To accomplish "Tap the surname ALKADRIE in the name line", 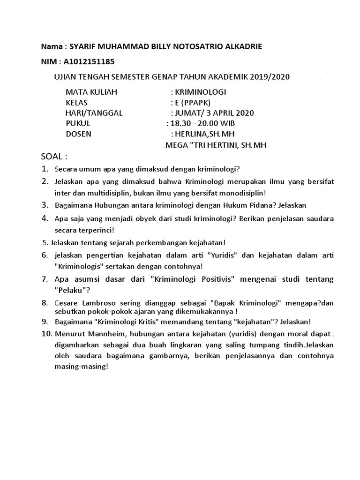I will (240, 46).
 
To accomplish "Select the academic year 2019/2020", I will (274, 77).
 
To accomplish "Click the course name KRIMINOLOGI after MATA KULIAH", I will (199, 92).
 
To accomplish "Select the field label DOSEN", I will (78, 134).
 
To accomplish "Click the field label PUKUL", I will (78, 123).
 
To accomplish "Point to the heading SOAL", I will (54, 156).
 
